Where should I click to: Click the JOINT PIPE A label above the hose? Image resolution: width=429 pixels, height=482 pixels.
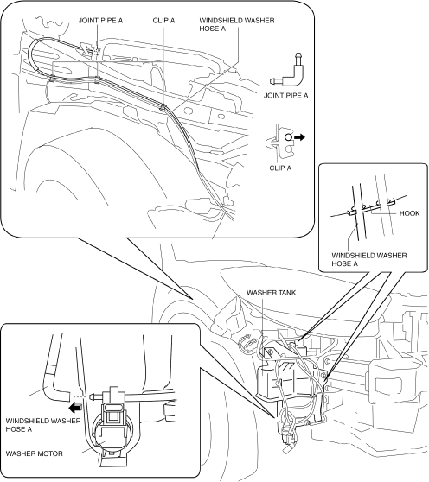[x=100, y=21]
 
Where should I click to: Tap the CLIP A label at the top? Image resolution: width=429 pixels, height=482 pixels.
[x=163, y=21]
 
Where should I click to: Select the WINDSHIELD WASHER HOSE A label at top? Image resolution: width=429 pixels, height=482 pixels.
[x=237, y=24]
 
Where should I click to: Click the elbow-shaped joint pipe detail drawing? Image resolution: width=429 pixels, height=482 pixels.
[x=288, y=70]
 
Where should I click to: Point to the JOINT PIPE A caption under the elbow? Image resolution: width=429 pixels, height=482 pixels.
[x=286, y=96]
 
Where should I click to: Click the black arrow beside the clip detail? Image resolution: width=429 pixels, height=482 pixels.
[x=299, y=137]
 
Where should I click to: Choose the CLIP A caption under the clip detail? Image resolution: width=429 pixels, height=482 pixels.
[x=280, y=168]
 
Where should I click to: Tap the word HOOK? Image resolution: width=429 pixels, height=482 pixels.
[x=409, y=213]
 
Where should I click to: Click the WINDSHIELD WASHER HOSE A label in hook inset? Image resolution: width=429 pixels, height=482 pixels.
[x=369, y=259]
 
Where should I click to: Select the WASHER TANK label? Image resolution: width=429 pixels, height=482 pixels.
[x=271, y=292]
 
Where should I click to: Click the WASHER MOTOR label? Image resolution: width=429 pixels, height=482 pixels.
[x=34, y=453]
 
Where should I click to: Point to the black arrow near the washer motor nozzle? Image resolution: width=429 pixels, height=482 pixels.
[x=75, y=408]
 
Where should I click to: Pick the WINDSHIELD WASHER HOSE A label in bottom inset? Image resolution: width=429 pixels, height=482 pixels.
[x=43, y=424]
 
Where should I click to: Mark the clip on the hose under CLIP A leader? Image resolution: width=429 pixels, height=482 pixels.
[x=163, y=107]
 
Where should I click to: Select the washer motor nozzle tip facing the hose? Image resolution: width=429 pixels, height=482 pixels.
[x=91, y=396]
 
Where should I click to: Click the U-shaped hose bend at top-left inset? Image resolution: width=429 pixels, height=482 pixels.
[x=32, y=55]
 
